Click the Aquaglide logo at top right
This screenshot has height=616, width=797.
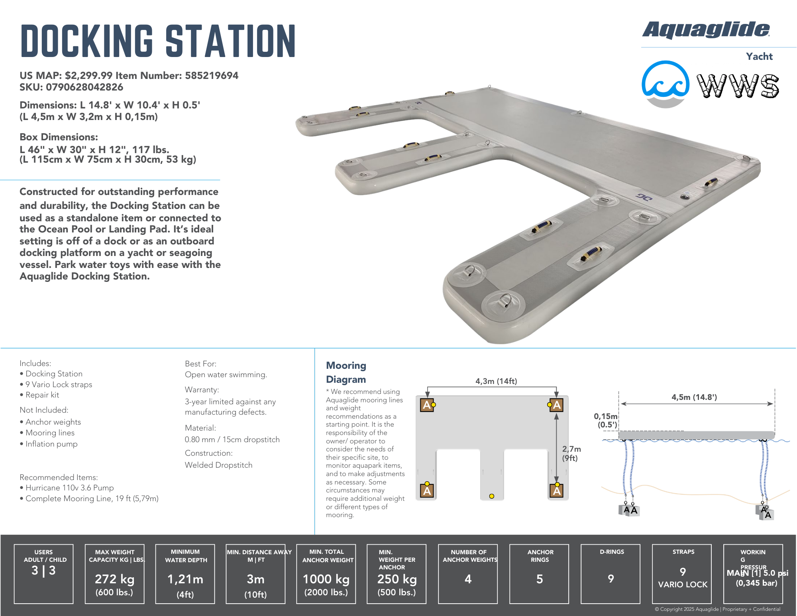pyautogui.click(x=706, y=30)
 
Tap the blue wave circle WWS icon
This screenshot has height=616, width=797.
pyautogui.click(x=665, y=84)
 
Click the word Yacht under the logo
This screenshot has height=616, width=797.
pyautogui.click(x=759, y=56)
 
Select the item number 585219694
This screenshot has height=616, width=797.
pyautogui.click(x=212, y=75)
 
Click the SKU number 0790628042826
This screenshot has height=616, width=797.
pyautogui.click(x=84, y=87)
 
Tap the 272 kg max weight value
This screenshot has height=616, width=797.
pyautogui.click(x=115, y=579)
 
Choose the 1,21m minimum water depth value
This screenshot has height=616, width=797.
pyautogui.click(x=185, y=579)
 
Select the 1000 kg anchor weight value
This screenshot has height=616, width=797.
pyautogui.click(x=326, y=579)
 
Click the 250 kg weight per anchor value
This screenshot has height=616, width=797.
pyautogui.click(x=397, y=579)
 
